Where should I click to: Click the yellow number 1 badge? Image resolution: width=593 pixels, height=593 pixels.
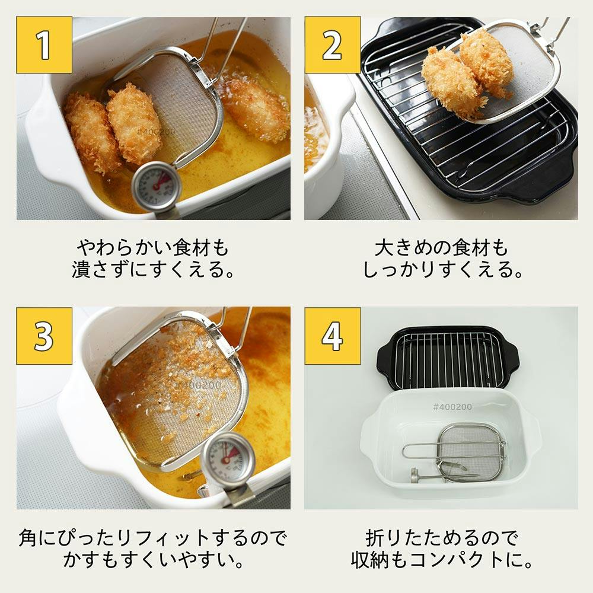click(x=44, y=44)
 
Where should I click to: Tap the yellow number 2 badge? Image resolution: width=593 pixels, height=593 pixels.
click(x=333, y=44)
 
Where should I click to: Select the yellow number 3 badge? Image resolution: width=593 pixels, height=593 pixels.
click(x=44, y=335)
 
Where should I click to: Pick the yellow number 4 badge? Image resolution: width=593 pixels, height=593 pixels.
click(x=333, y=335)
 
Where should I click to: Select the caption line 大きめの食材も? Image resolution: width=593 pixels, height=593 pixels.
click(x=442, y=247)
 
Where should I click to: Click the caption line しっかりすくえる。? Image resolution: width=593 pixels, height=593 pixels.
click(x=442, y=270)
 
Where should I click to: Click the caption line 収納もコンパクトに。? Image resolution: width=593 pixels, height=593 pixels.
click(x=442, y=560)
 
